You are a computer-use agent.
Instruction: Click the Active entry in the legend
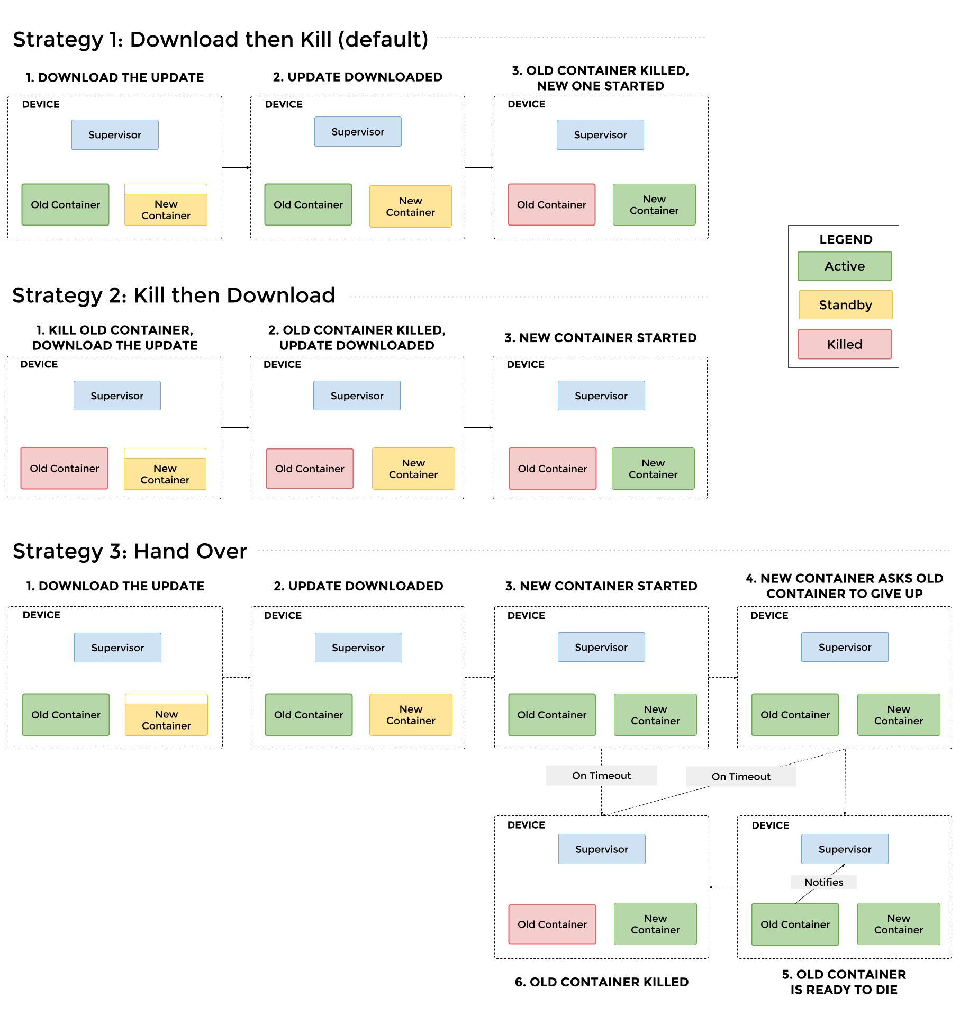845,266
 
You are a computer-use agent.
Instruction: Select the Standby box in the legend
845,305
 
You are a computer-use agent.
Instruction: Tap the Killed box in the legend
845,344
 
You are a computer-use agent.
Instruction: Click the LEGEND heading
845,239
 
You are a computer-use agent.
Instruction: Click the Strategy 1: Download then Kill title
220,40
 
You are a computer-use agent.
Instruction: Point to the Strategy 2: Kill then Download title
174,295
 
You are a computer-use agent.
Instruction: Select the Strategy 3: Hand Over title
130,551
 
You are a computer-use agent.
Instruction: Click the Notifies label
823,882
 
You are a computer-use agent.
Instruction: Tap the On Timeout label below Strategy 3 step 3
601,775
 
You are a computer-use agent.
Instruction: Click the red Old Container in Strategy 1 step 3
551,205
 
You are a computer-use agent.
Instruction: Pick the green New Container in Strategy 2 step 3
653,469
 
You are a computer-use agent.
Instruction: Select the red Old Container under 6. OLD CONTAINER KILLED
552,924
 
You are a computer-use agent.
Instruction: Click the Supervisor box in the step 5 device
845,849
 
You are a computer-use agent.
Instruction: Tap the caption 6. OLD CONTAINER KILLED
602,982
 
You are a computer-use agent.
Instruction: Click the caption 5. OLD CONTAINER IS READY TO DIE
844,982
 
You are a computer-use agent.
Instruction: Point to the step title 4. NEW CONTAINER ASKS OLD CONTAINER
844,586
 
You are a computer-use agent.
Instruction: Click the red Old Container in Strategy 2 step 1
64,469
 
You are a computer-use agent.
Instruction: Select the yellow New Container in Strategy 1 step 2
410,206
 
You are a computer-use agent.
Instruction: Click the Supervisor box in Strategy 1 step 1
115,135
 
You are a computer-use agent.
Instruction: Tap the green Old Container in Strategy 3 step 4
795,715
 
